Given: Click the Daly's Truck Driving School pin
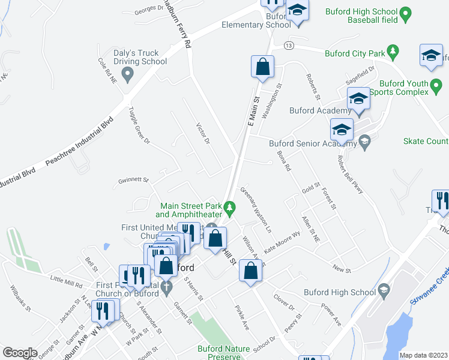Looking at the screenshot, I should tap(127, 75).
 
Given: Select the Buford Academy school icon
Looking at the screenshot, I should tap(358, 98).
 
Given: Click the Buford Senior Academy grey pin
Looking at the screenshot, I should tap(363, 142).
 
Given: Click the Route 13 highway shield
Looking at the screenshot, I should tap(289, 46).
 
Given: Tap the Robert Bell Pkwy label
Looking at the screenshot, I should tap(351, 175).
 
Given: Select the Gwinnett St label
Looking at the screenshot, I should tap(133, 179).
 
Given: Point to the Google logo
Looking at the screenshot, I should tap(20, 353).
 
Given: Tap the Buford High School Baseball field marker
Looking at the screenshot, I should tap(405, 12).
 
